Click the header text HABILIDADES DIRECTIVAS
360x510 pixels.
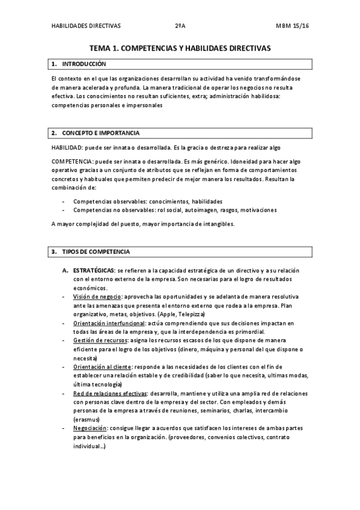pyautogui.click(x=87, y=26)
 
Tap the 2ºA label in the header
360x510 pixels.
pyautogui.click(x=180, y=26)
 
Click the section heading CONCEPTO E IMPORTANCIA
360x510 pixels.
pyautogui.click(x=100, y=132)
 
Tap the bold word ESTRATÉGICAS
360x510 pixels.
pyautogui.click(x=94, y=271)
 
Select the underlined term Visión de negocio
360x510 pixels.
pyautogui.click(x=97, y=297)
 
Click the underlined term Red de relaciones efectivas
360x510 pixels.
pyautogui.click(x=109, y=393)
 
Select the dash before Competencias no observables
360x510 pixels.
pyautogui.click(x=64, y=210)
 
